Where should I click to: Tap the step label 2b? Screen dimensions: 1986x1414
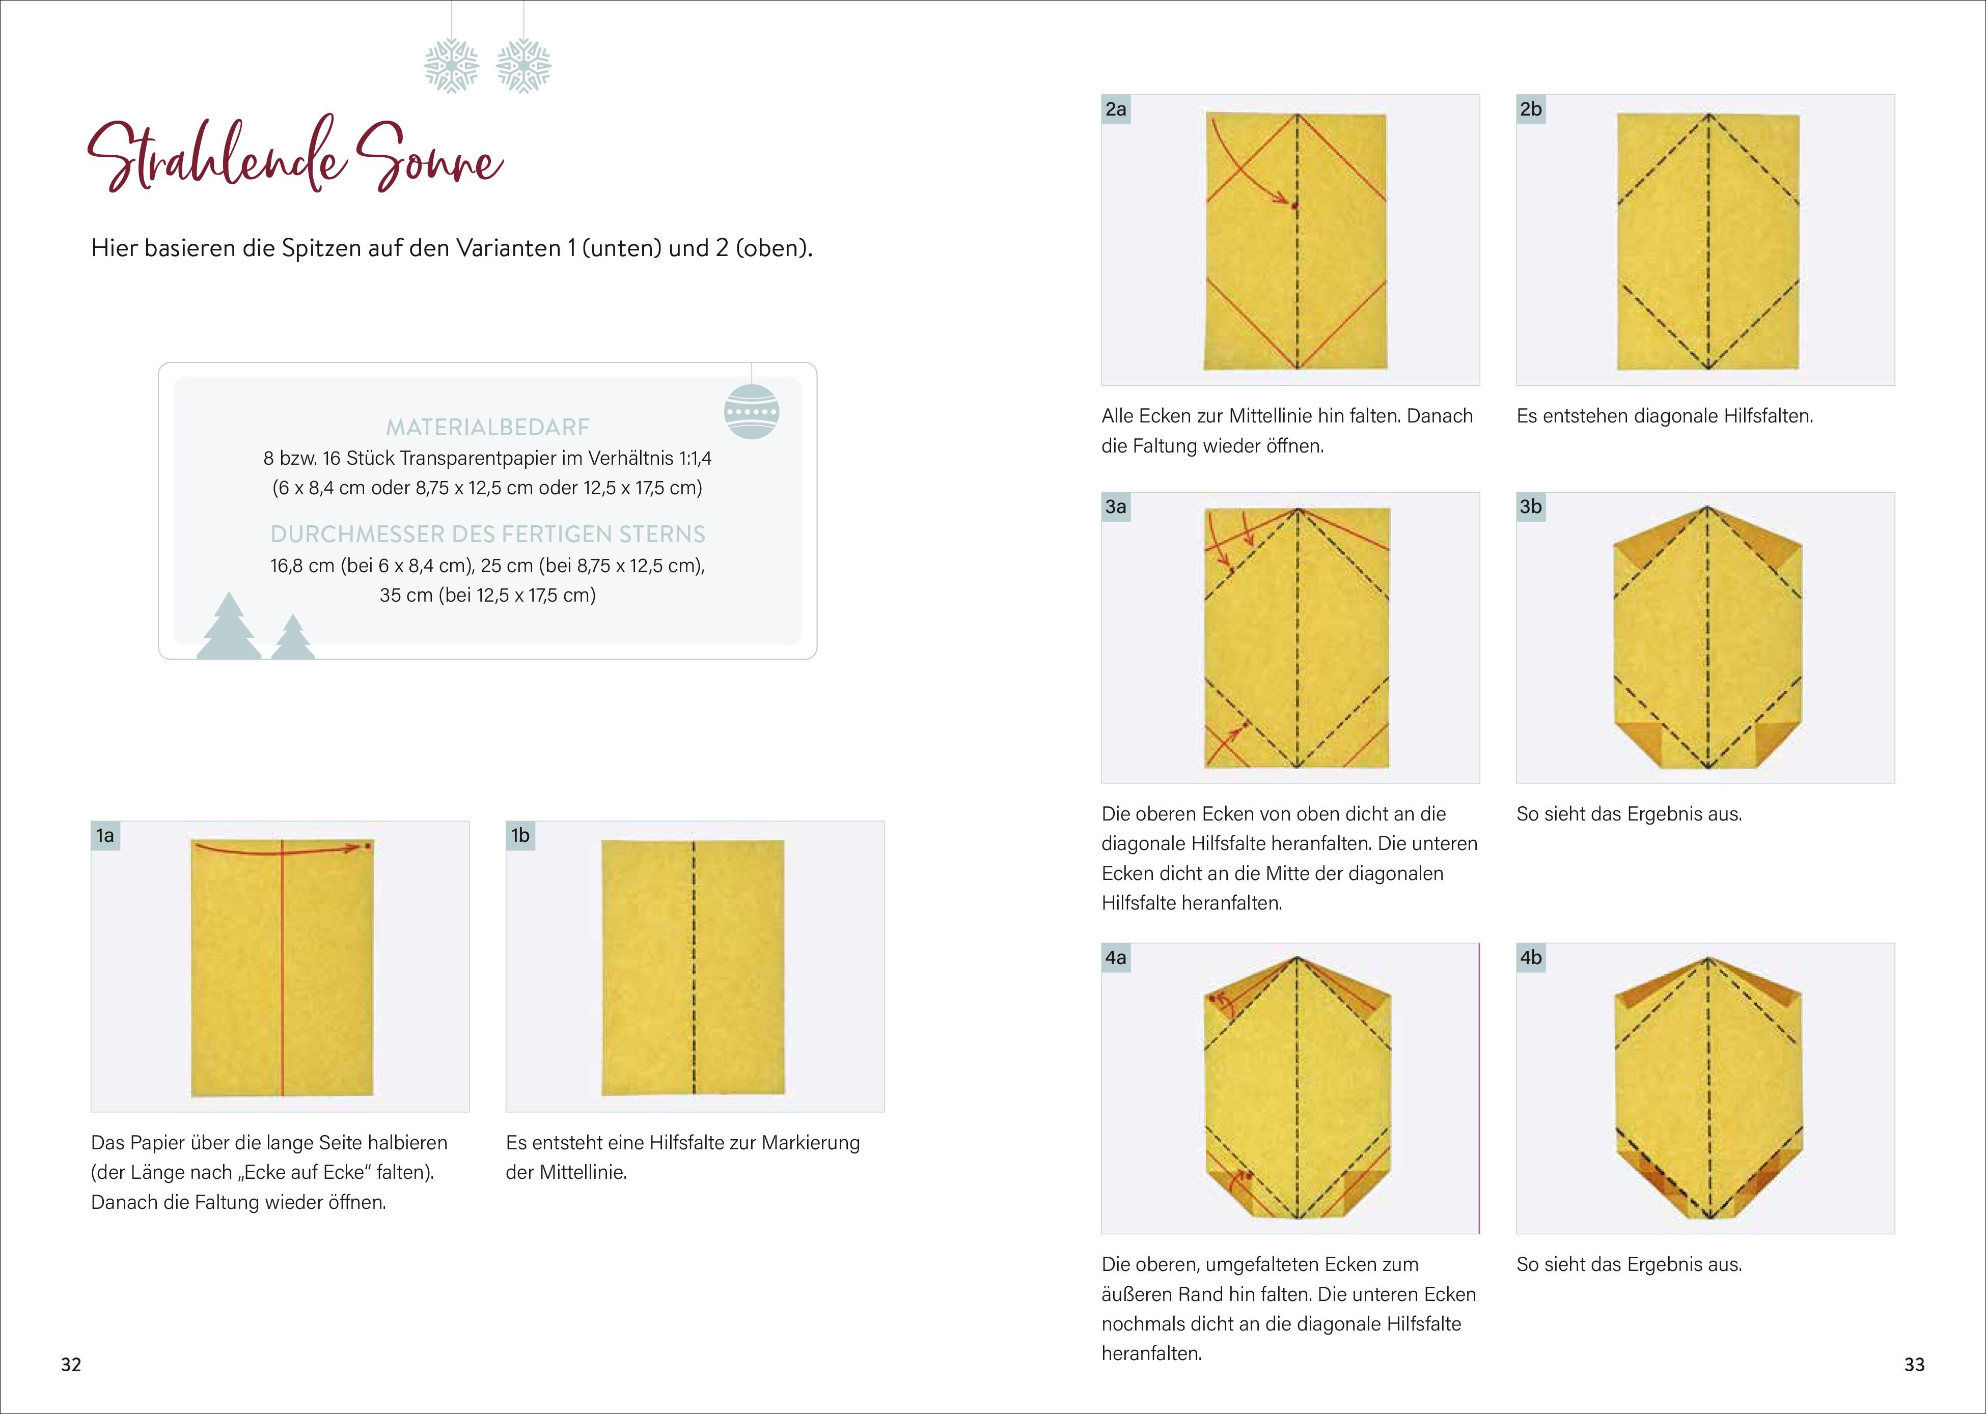[1530, 109]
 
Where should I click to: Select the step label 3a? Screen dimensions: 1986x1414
[1116, 507]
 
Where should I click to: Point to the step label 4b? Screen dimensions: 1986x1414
[1530, 958]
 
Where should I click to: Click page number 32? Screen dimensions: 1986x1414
[71, 1364]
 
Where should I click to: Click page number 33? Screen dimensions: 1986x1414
[1914, 1364]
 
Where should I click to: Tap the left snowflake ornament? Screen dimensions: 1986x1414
[451, 65]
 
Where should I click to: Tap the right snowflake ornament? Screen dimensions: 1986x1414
[523, 65]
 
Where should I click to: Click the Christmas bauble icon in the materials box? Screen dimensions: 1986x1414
[751, 411]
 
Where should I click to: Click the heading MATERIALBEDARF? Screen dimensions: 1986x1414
[488, 427]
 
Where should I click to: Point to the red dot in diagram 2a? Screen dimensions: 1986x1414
[1294, 206]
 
